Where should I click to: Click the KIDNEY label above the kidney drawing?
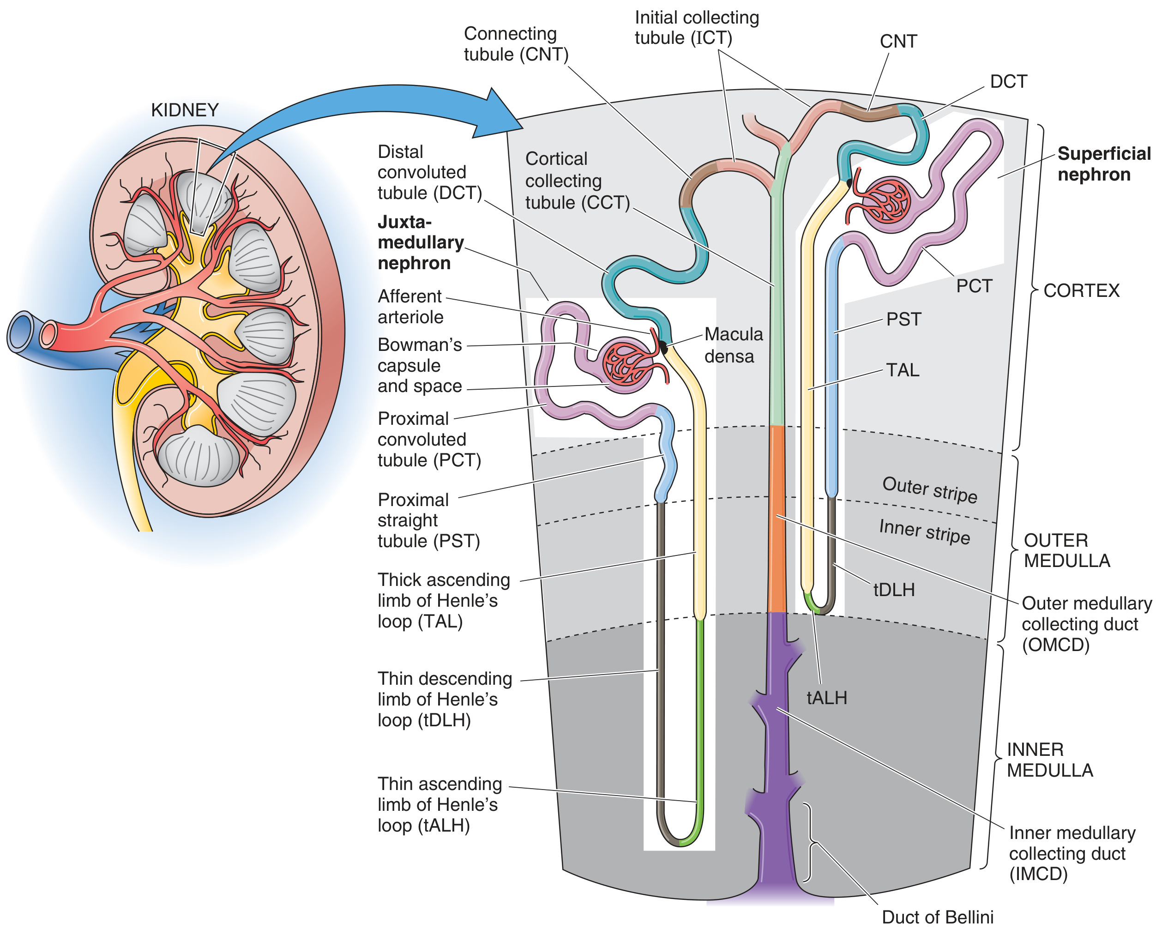(184, 110)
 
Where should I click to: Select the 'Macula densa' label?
(734, 345)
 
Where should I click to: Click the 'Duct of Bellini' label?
(937, 917)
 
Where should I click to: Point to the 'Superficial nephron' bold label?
(1104, 164)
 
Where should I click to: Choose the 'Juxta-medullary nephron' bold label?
(421, 242)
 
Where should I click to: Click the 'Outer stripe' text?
(930, 489)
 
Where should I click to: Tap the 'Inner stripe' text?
(924, 531)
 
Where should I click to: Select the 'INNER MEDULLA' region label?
(1049, 760)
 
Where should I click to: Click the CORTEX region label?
(1081, 290)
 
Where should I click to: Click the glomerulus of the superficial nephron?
(886, 204)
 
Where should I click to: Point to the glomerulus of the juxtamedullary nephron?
(627, 365)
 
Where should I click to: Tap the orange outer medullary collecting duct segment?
(777, 519)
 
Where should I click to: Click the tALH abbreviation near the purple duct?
(827, 698)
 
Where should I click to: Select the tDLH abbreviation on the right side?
(894, 590)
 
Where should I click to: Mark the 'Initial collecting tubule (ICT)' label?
(696, 28)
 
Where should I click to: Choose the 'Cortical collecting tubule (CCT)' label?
(577, 181)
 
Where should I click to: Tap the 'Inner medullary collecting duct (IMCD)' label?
(1072, 853)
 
